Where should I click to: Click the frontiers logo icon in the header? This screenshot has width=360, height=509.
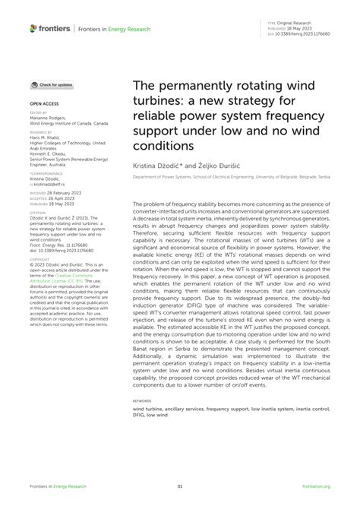[x=33, y=28]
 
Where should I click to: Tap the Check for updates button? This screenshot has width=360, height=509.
[x=52, y=85]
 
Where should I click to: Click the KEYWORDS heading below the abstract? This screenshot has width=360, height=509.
[x=141, y=400]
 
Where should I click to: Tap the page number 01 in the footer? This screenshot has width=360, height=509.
[x=180, y=487]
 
